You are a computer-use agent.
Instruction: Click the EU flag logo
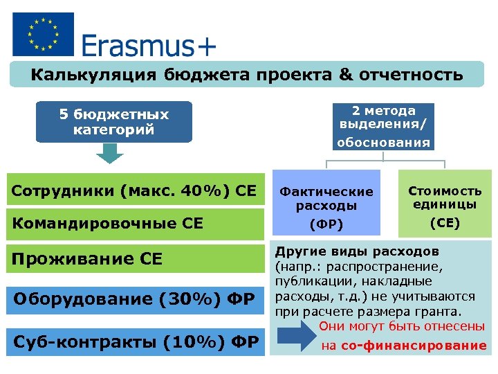43,34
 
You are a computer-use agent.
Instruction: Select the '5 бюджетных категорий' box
114,122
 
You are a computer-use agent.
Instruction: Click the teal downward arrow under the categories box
109,154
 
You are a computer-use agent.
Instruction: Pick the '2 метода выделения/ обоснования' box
383,127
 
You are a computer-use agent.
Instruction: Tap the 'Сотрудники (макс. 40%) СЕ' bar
136,190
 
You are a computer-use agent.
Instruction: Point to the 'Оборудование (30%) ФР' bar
136,299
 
